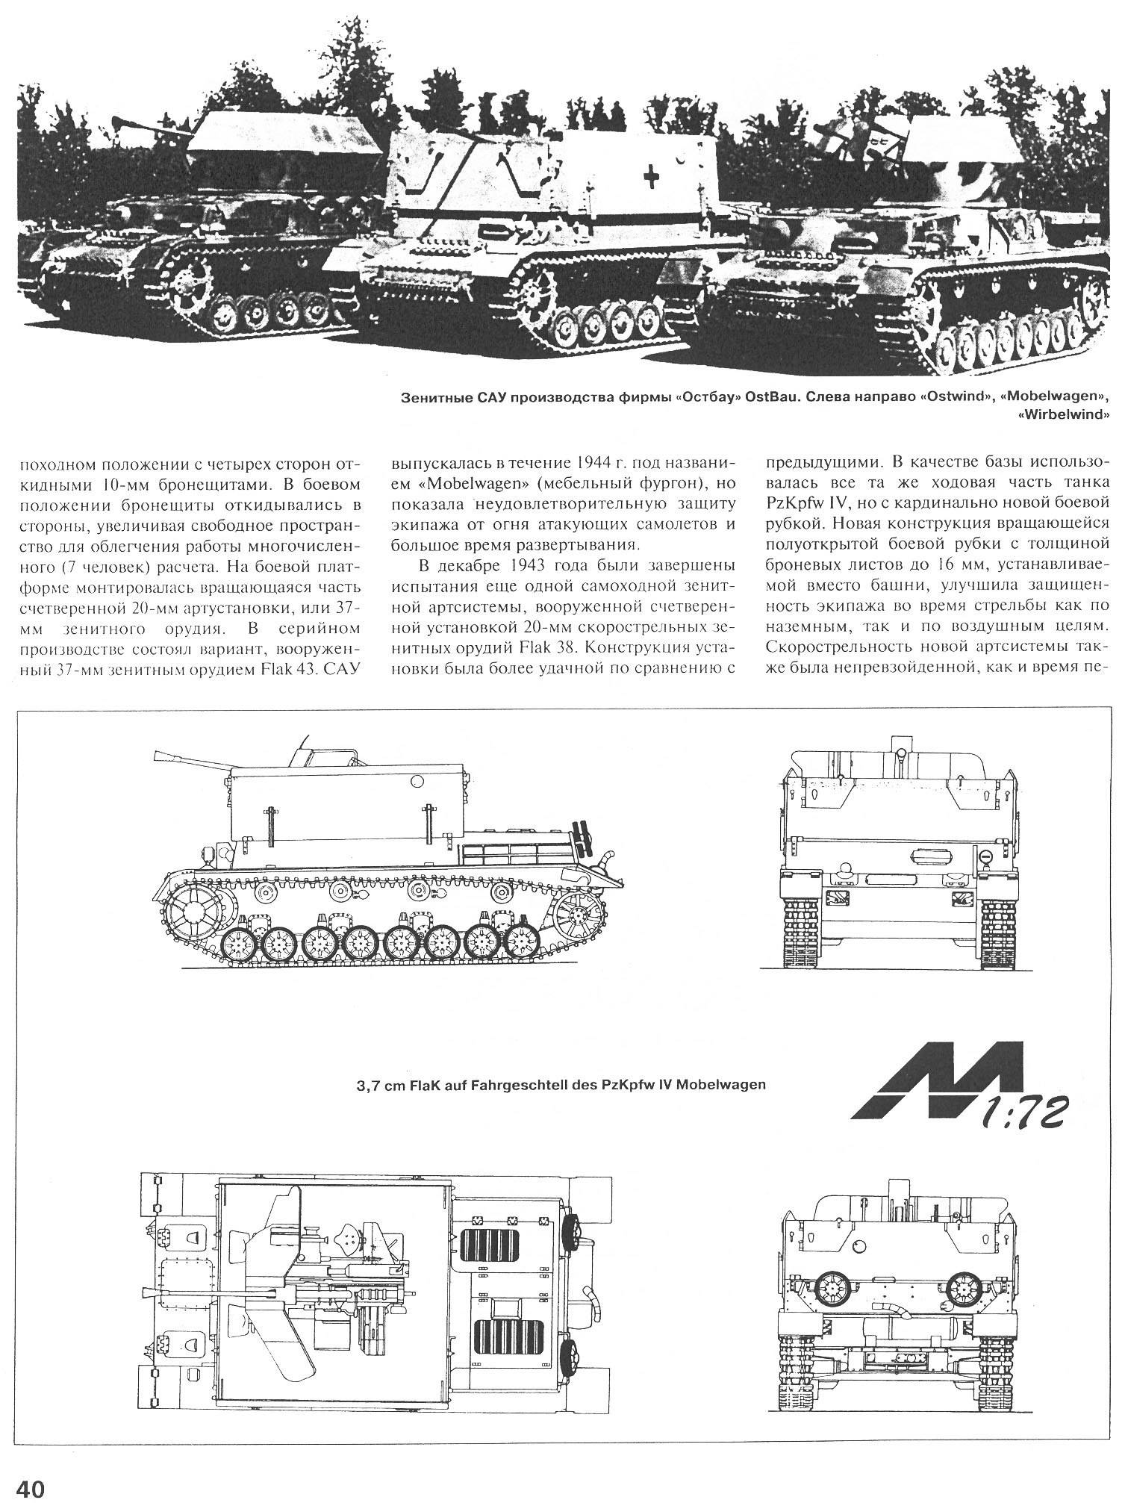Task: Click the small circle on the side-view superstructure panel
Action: point(416,780)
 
